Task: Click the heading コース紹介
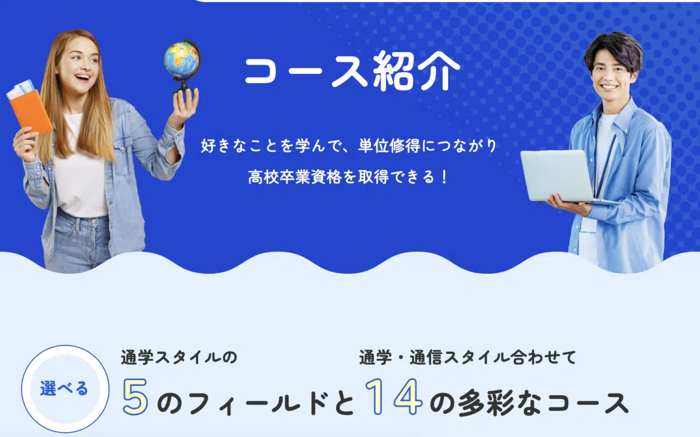pyautogui.click(x=352, y=71)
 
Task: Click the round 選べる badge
pyautogui.click(x=65, y=389)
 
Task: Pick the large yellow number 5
pyautogui.click(x=135, y=396)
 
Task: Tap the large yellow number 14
pyautogui.click(x=394, y=396)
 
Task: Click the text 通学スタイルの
pyautogui.click(x=179, y=358)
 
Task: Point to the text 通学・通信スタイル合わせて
pyautogui.click(x=467, y=358)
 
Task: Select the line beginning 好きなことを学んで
pyautogui.click(x=349, y=146)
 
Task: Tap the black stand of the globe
pyautogui.click(x=183, y=84)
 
